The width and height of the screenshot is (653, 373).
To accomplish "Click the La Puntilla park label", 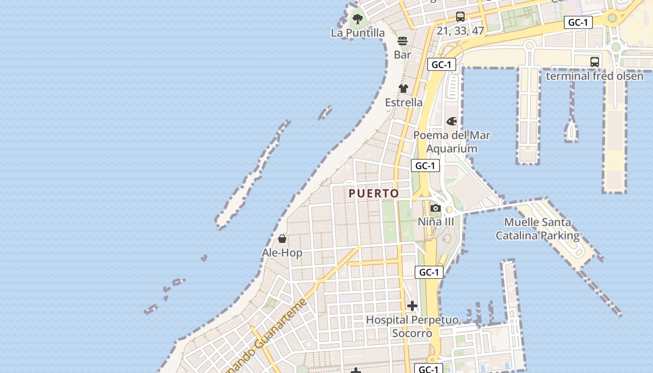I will [x=358, y=33].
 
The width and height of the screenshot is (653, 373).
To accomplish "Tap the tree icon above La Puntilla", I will [x=358, y=19].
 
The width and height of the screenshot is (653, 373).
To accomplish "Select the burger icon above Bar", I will [x=403, y=41].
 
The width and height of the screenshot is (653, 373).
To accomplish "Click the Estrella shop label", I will [x=403, y=102].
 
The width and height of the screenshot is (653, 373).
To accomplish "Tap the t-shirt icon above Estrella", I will [x=403, y=89].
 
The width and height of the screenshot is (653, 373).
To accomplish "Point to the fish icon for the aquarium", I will [x=452, y=121].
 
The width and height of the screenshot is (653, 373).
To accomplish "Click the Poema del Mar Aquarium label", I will [x=452, y=142].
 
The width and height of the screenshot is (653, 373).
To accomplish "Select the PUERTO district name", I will [x=374, y=193].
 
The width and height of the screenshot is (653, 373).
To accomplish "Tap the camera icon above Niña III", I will [x=436, y=208].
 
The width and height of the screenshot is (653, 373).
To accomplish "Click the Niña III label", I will [x=436, y=221].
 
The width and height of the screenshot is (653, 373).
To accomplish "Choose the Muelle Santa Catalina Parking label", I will [x=537, y=229].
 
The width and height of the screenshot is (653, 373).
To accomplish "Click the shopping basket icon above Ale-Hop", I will [x=282, y=239].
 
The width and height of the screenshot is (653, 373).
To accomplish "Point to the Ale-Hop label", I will [x=282, y=253].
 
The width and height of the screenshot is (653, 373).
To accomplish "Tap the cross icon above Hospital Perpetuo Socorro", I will [x=412, y=306].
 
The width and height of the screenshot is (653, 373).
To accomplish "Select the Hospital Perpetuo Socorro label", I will [x=412, y=326].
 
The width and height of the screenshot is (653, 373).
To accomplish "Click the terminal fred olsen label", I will [x=595, y=76].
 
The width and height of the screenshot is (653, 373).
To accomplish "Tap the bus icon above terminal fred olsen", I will [x=595, y=62].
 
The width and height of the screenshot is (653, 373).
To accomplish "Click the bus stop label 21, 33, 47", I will [x=460, y=31].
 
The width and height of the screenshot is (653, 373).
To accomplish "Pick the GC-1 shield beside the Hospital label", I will [x=429, y=272].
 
